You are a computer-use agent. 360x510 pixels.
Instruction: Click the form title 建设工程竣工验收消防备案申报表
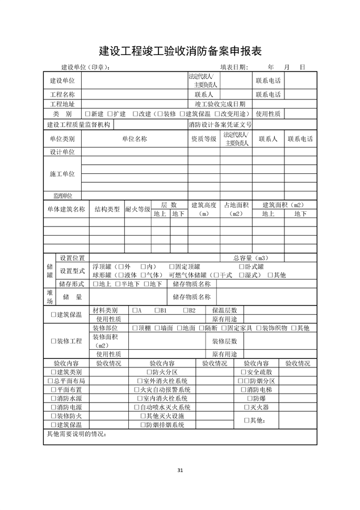tap(180, 51)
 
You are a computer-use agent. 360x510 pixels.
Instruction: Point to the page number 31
tap(180, 470)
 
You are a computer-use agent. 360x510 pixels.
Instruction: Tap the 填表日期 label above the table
tap(234, 67)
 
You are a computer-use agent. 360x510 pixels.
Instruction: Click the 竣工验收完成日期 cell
tap(220, 104)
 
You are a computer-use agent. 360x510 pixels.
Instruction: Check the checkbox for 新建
tap(88, 114)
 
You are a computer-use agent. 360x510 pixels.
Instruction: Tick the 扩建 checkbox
tap(109, 114)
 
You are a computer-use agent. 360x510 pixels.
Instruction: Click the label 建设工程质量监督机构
tap(79, 124)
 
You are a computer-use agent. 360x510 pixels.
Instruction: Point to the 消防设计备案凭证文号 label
tap(220, 124)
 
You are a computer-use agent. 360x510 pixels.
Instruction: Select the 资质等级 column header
tap(203, 139)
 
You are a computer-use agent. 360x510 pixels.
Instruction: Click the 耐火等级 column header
tap(137, 209)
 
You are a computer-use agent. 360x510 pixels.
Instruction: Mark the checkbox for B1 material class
tap(157, 311)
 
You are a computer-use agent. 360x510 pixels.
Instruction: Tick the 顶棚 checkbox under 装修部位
tap(135, 328)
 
